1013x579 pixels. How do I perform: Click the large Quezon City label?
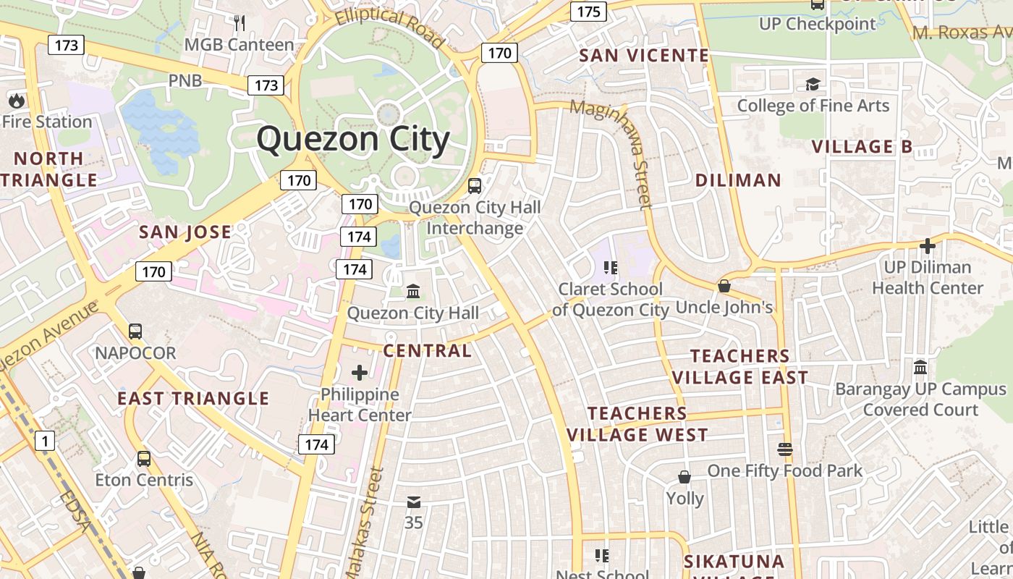pyautogui.click(x=353, y=139)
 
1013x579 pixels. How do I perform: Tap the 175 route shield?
pyautogui.click(x=588, y=11)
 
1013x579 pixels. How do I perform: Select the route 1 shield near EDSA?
pyautogui.click(x=45, y=440)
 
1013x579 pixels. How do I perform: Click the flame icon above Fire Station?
pyautogui.click(x=16, y=100)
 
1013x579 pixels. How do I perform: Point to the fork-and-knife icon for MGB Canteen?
pyautogui.click(x=240, y=23)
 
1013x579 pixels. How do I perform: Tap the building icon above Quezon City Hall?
pyautogui.click(x=413, y=291)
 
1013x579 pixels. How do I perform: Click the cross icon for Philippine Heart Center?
pyautogui.click(x=360, y=373)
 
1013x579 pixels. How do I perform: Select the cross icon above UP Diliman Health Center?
pyautogui.click(x=927, y=246)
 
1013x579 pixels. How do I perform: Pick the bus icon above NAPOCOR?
pyautogui.click(x=135, y=331)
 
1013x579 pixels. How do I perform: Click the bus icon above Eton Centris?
pyautogui.click(x=144, y=458)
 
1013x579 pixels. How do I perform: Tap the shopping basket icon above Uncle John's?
pyautogui.click(x=724, y=286)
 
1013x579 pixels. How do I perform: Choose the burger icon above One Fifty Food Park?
pyautogui.click(x=785, y=449)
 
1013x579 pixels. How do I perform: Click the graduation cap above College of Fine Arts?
pyautogui.click(x=813, y=84)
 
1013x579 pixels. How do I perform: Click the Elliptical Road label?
pyautogui.click(x=390, y=27)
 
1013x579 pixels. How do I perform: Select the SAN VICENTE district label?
pyautogui.click(x=644, y=55)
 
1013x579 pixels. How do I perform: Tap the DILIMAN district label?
pyautogui.click(x=738, y=180)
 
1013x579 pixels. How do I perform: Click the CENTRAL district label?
pyautogui.click(x=427, y=351)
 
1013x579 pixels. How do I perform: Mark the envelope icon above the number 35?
pyautogui.click(x=413, y=502)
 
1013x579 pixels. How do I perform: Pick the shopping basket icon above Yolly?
pyautogui.click(x=684, y=477)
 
